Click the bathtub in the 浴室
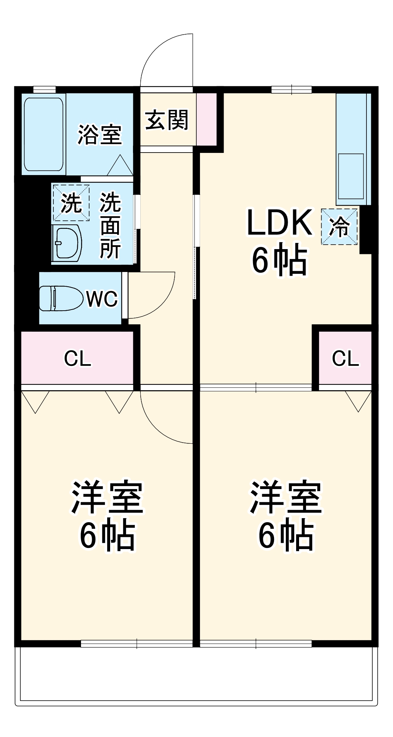43,134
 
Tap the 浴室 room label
99,135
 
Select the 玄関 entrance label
166,120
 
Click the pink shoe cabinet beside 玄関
206,119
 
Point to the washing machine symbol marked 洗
71,203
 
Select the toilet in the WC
61,298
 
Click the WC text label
102,298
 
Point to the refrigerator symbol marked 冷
339,227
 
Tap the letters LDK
279,223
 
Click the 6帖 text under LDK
279,260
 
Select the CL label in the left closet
77,358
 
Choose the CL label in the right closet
345,358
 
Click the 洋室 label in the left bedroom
107,497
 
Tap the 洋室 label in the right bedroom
286,497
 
